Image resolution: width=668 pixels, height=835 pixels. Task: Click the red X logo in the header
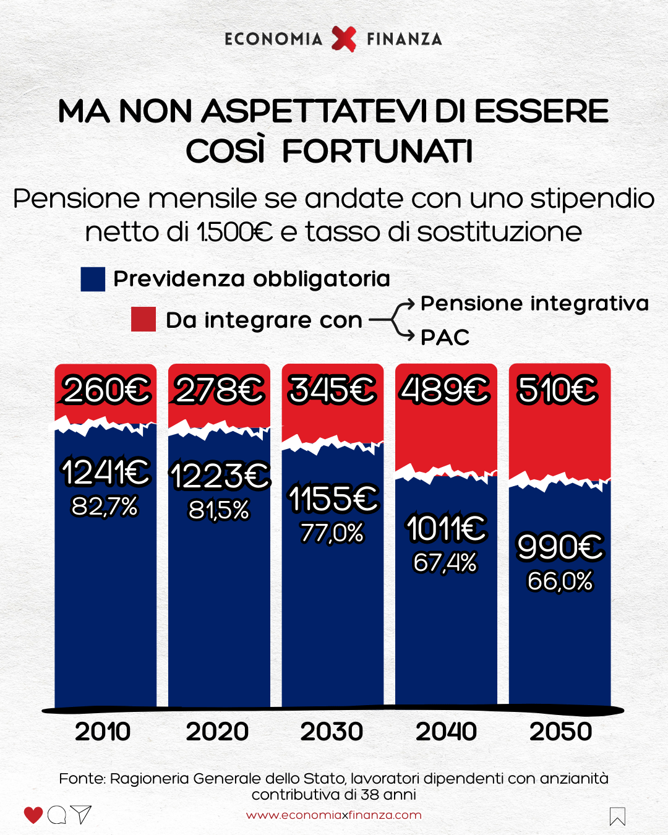(x=344, y=39)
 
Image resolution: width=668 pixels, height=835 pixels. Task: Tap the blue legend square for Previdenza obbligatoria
(x=93, y=279)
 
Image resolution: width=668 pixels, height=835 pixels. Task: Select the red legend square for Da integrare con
(x=143, y=319)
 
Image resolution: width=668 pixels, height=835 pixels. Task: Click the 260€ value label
(x=106, y=390)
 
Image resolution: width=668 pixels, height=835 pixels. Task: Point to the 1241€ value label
(x=105, y=472)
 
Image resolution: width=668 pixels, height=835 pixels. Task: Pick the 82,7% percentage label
(x=105, y=507)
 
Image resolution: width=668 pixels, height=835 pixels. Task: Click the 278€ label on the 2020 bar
(x=219, y=390)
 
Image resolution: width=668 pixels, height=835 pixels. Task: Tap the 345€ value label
(x=332, y=390)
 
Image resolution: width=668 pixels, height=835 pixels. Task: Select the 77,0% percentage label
(x=332, y=533)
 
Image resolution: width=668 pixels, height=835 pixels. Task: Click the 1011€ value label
(x=446, y=529)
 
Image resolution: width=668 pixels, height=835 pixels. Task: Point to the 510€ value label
(x=558, y=390)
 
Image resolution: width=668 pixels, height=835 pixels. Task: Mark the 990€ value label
(x=560, y=547)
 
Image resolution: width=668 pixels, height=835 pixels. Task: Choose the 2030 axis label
(x=332, y=732)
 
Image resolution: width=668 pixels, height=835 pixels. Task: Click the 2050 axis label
(x=560, y=732)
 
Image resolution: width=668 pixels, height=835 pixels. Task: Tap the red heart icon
(x=33, y=815)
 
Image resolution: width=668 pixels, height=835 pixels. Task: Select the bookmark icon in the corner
(x=617, y=816)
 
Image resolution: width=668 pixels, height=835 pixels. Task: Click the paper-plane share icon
(x=81, y=815)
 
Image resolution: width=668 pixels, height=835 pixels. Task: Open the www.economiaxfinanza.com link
(x=334, y=815)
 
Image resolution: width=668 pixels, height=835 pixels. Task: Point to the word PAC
(x=445, y=337)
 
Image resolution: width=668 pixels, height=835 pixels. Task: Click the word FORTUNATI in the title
(x=377, y=152)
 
